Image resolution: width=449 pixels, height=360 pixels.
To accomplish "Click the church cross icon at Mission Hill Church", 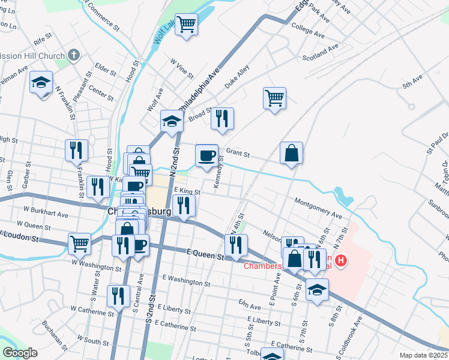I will (x=74, y=56).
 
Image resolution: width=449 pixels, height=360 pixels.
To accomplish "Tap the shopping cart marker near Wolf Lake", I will (x=187, y=25).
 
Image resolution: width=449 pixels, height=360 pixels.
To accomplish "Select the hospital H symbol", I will (x=341, y=260).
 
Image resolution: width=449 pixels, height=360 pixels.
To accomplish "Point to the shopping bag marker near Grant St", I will (x=291, y=152).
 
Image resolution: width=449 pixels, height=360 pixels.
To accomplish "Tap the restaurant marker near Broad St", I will (x=222, y=118).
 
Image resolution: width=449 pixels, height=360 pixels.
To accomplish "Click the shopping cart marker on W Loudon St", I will (x=79, y=243).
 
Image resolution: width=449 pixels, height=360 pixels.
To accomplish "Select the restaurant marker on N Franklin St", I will (x=77, y=150).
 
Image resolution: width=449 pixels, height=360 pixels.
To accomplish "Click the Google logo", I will (x=20, y=353).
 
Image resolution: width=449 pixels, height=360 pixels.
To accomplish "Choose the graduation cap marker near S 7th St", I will (x=317, y=289).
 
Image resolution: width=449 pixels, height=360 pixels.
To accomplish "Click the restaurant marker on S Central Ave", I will (x=118, y=296).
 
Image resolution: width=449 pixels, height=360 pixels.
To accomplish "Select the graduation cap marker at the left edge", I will (x=41, y=82).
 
